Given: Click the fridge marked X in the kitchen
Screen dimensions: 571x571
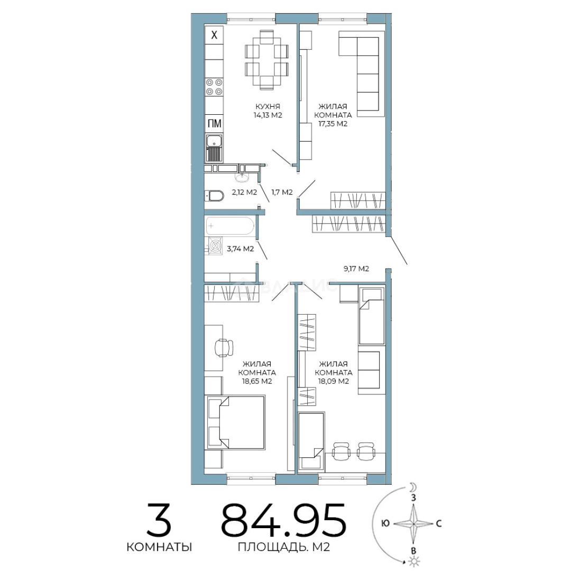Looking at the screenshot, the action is [214, 35].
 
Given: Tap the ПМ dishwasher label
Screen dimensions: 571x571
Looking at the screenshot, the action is [214, 123].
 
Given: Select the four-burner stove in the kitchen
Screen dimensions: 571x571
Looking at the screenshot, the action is [214, 87].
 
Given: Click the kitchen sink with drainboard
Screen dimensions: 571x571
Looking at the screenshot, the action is [214, 148].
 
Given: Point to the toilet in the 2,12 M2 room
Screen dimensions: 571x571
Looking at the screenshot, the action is [214, 196].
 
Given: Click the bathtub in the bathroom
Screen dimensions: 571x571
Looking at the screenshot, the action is [230, 226].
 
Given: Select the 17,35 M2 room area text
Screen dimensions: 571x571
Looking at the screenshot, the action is [333, 124].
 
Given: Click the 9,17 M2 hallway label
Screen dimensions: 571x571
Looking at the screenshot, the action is [356, 269].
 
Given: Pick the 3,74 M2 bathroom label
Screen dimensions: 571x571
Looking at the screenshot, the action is [241, 249].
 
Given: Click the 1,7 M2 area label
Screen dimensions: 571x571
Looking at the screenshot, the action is [282, 192].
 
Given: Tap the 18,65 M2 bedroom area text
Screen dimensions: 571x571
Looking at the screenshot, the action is [257, 382].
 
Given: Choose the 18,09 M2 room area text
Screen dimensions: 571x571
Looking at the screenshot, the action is [334, 382].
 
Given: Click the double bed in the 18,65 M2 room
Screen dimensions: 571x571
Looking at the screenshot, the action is [236, 422].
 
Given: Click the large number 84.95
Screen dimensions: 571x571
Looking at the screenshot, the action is [283, 520].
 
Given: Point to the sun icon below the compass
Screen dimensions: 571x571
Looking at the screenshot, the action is [413, 561].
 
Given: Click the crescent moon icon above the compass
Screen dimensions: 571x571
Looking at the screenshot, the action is [412, 487].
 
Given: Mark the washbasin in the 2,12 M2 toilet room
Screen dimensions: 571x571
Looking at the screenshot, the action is [242, 177].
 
